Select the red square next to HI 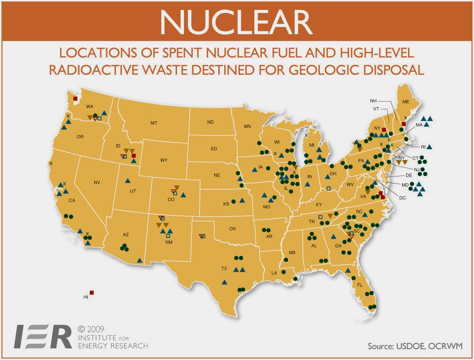point(92,293)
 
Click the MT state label point(154,122)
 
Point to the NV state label point(97,183)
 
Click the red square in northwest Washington point(75,99)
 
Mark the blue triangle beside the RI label point(429,147)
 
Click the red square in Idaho point(134,156)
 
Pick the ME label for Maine point(406,101)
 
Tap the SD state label point(214,148)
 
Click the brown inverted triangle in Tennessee point(330,215)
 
